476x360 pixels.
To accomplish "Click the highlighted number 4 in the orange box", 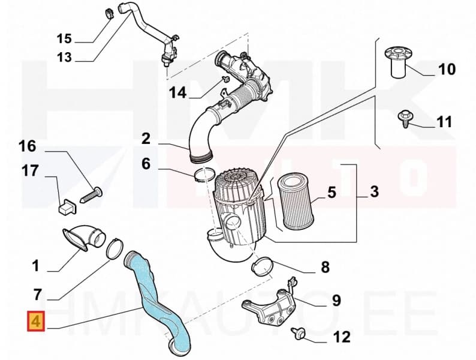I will (35, 322).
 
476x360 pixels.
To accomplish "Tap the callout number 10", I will (446, 70).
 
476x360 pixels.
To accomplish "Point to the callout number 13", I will (64, 57).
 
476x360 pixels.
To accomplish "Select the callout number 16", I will (27, 146).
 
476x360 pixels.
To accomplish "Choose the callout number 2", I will (146, 139).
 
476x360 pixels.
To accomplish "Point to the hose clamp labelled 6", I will (204, 175).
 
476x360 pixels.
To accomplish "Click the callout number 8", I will (324, 267).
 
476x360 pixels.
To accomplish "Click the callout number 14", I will (177, 93).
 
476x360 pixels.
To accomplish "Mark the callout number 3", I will (374, 193).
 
